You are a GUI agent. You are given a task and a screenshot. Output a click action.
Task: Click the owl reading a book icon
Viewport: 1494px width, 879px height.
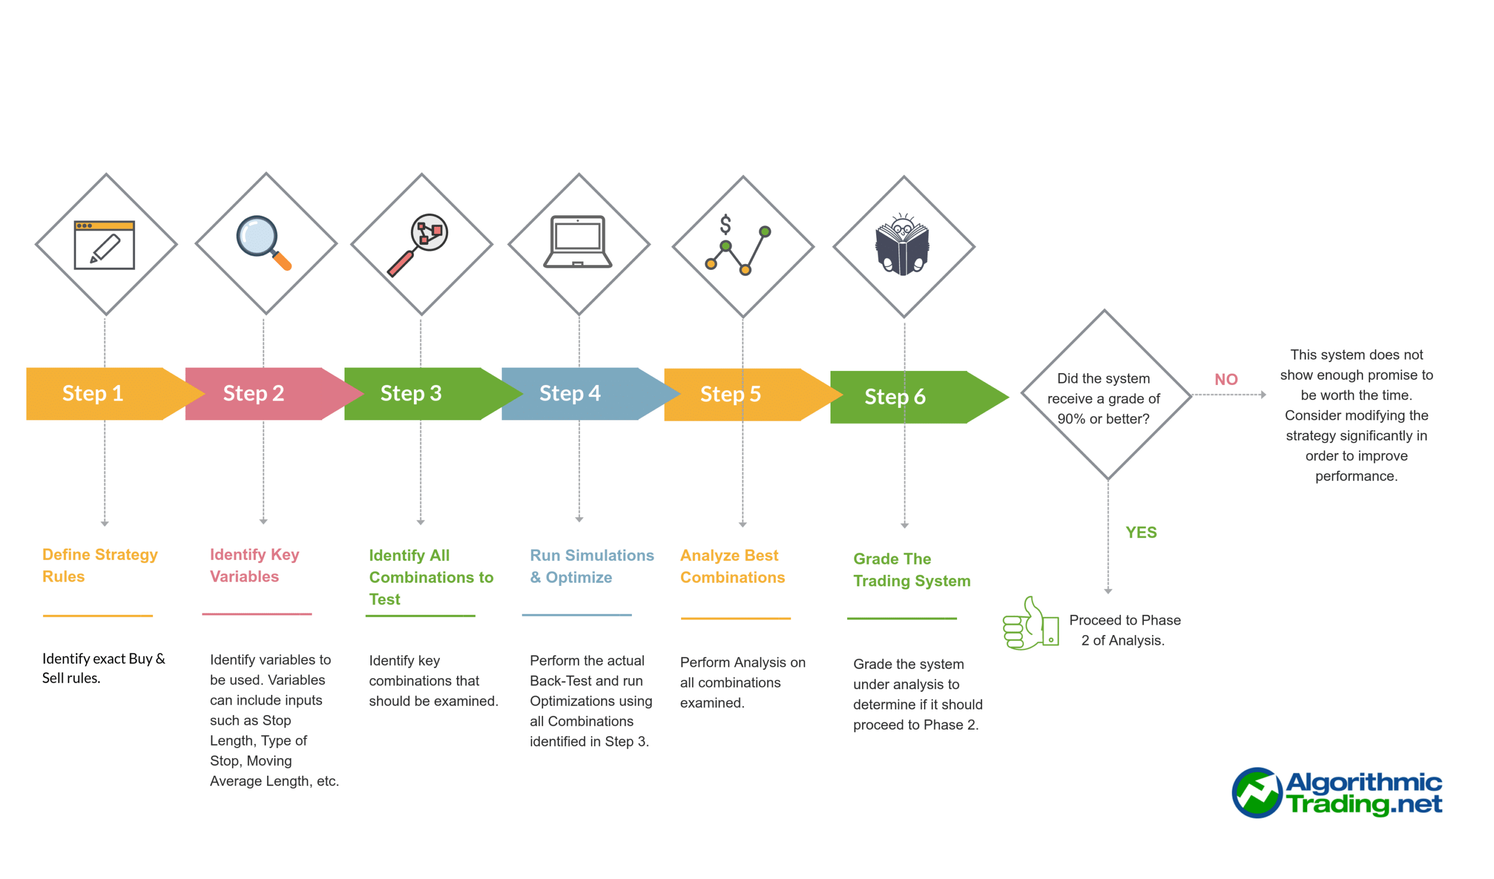click(x=902, y=244)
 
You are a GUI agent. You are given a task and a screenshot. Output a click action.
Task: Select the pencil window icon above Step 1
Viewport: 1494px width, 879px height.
click(x=104, y=245)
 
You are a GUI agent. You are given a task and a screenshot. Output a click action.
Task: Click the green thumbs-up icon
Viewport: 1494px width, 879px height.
click(x=1030, y=625)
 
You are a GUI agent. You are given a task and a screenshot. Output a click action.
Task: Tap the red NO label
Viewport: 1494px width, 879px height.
click(x=1226, y=380)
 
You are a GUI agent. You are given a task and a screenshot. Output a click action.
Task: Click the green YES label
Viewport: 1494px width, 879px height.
click(x=1141, y=532)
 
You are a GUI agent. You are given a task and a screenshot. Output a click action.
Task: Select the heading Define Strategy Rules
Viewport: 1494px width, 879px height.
click(x=100, y=565)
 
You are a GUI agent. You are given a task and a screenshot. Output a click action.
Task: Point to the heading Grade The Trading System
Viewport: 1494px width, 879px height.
click(x=911, y=570)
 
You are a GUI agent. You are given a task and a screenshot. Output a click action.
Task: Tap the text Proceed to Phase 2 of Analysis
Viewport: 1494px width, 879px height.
click(x=1124, y=630)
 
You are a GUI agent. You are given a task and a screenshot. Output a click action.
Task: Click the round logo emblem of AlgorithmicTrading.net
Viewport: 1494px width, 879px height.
click(x=1256, y=793)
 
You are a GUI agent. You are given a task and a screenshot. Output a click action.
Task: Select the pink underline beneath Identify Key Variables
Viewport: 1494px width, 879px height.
click(x=257, y=614)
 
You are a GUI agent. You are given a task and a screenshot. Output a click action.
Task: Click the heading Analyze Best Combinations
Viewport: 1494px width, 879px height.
click(x=732, y=567)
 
